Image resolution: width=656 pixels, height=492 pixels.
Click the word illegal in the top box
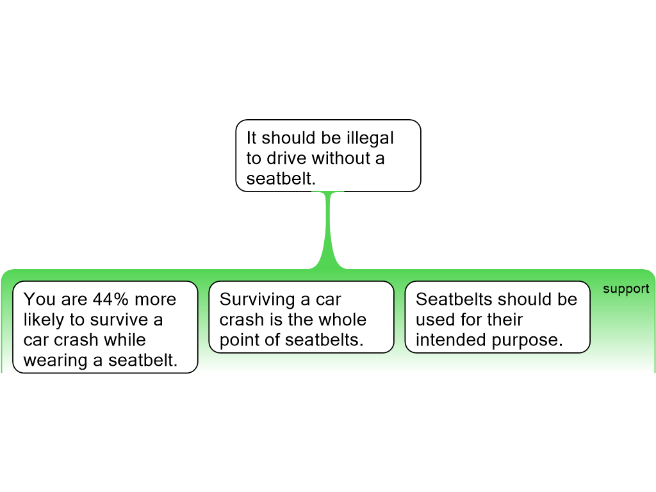pos(370,138)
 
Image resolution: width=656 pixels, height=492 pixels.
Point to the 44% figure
pos(110,299)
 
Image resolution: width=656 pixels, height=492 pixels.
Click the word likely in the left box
pos(44,320)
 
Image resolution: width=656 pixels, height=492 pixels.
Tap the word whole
pos(343,320)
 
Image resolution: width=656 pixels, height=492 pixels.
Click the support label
pos(626,289)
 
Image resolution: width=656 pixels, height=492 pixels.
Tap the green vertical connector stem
pos(328,230)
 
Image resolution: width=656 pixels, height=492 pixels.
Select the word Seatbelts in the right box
pos(454,299)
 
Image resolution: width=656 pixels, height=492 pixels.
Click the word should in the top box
pos(288,138)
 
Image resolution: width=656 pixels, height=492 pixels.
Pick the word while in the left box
pos(125,340)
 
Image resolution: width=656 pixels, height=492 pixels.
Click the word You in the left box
pos(40,299)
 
